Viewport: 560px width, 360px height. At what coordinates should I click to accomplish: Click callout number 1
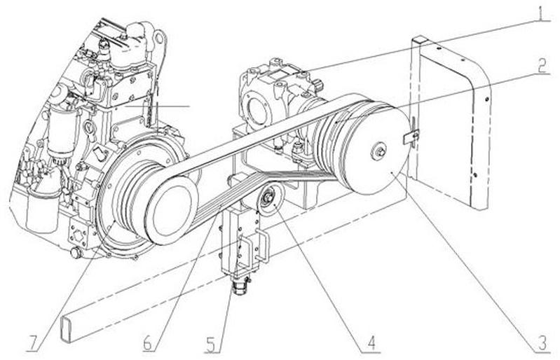pyautogui.click(x=540, y=13)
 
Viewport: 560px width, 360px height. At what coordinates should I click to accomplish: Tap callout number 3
pyautogui.click(x=540, y=343)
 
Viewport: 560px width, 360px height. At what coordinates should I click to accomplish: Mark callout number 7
pyautogui.click(x=31, y=344)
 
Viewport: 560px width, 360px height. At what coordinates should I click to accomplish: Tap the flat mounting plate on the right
pyautogui.click(x=449, y=119)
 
